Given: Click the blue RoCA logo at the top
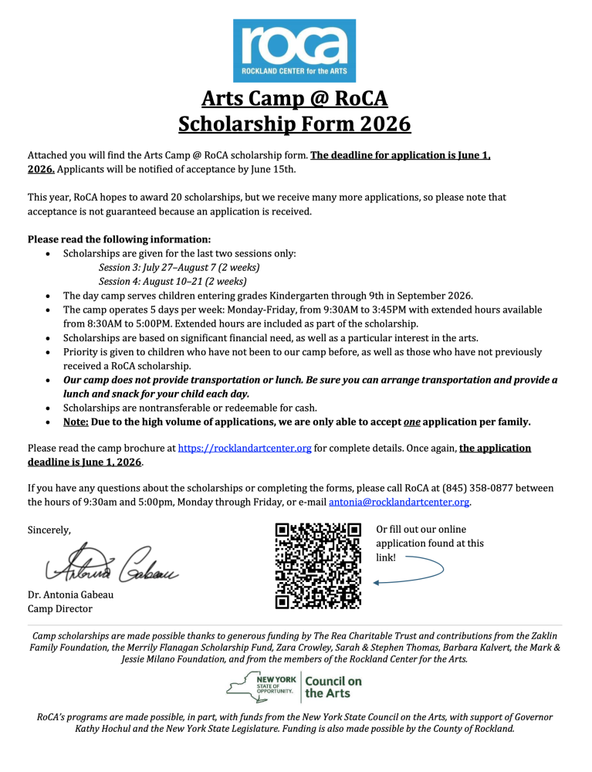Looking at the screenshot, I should click(x=295, y=49).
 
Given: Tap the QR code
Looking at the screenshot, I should click(x=318, y=565).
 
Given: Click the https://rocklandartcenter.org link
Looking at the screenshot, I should click(x=245, y=448).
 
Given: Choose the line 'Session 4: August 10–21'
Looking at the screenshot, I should click(x=172, y=281).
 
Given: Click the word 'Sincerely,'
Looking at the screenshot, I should click(x=49, y=530).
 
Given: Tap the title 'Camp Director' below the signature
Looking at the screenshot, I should click(x=59, y=608).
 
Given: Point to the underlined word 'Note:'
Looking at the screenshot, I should click(x=76, y=422).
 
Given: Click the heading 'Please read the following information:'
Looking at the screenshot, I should click(x=119, y=239).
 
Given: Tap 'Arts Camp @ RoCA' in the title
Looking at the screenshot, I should click(x=295, y=98).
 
